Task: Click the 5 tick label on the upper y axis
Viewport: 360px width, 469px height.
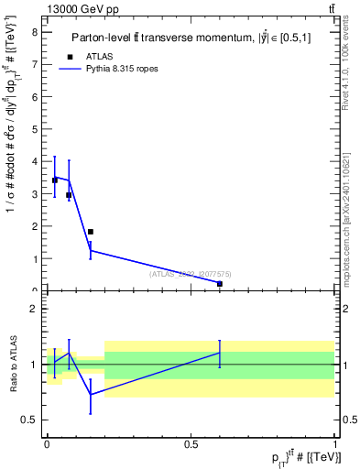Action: [x=34, y=129]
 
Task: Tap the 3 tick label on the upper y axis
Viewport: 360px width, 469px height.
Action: [x=34, y=194]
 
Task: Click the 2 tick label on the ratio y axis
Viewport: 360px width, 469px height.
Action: [x=34, y=309]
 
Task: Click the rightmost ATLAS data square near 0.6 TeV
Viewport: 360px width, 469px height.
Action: [x=220, y=284]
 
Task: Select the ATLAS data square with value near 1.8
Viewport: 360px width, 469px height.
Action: [x=90, y=232]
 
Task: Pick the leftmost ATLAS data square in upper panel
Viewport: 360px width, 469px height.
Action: [x=55, y=180]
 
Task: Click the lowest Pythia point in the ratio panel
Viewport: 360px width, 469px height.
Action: [x=90, y=395]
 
